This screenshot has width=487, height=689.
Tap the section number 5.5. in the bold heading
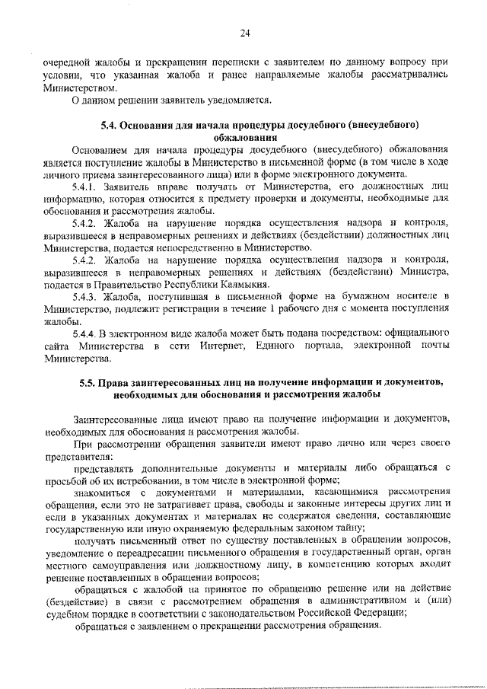[90, 382]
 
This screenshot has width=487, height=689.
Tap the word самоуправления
[127, 566]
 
